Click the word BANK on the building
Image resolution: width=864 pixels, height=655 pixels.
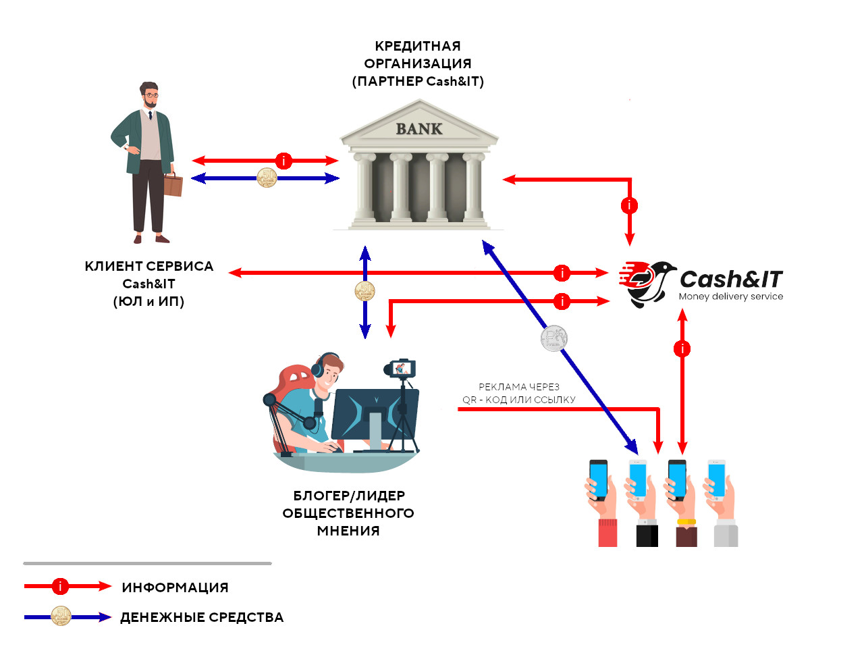pyautogui.click(x=418, y=129)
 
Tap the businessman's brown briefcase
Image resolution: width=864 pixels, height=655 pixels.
pyautogui.click(x=173, y=185)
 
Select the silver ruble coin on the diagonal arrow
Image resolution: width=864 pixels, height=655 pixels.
pyautogui.click(x=553, y=338)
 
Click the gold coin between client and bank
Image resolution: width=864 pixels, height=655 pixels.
pyautogui.click(x=267, y=178)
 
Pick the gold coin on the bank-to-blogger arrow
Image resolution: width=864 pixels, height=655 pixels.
pyautogui.click(x=364, y=291)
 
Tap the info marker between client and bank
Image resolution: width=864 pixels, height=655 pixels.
pyautogui.click(x=284, y=161)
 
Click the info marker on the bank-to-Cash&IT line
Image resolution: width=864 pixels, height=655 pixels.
pyautogui.click(x=629, y=205)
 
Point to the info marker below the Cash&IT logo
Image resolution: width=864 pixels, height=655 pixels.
pyautogui.click(x=682, y=348)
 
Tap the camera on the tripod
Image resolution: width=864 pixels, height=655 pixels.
pyautogui.click(x=402, y=368)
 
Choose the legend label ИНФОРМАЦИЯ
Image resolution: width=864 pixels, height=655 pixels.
pyautogui.click(x=175, y=587)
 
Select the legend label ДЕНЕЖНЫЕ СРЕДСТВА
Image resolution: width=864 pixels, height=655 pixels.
pyautogui.click(x=202, y=617)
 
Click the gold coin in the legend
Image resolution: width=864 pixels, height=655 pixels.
pyautogui.click(x=61, y=617)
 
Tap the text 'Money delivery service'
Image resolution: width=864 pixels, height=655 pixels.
pyautogui.click(x=731, y=296)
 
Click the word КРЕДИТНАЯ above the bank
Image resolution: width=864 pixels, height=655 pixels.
pyautogui.click(x=418, y=46)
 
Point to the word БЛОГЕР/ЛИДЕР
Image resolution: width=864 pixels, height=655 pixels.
pyautogui.click(x=349, y=496)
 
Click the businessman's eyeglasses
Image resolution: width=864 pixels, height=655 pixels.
pyautogui.click(x=151, y=96)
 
